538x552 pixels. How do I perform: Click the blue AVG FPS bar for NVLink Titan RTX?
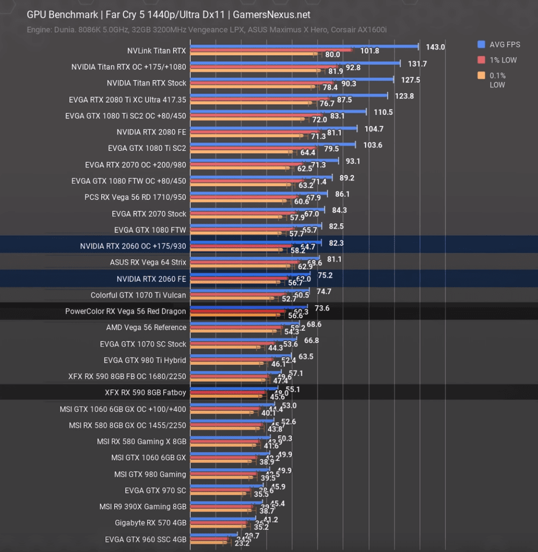point(304,46)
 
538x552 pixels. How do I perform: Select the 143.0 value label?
point(435,47)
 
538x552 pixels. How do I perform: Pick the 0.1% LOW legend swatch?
point(481,76)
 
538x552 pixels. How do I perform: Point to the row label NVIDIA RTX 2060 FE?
point(151,279)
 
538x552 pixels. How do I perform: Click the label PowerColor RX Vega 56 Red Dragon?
point(125,311)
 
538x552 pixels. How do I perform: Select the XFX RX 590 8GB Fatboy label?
point(145,393)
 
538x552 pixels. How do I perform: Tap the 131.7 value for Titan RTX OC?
point(417,64)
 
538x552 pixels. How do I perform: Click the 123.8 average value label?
point(404,96)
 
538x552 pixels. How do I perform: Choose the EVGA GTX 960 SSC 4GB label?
point(145,540)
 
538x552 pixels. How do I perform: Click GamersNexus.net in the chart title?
point(272,15)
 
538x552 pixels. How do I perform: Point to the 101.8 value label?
point(370,51)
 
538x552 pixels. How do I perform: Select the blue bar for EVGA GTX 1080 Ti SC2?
point(273,144)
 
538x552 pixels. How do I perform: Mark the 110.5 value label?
point(383,112)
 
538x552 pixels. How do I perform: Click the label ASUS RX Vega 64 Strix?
point(148,263)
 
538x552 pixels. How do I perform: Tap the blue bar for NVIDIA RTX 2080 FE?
point(274,128)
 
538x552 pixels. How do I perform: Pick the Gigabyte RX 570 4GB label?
point(150,523)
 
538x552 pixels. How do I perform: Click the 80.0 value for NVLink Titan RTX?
point(333,55)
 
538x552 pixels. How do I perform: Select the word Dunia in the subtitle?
point(64,29)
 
